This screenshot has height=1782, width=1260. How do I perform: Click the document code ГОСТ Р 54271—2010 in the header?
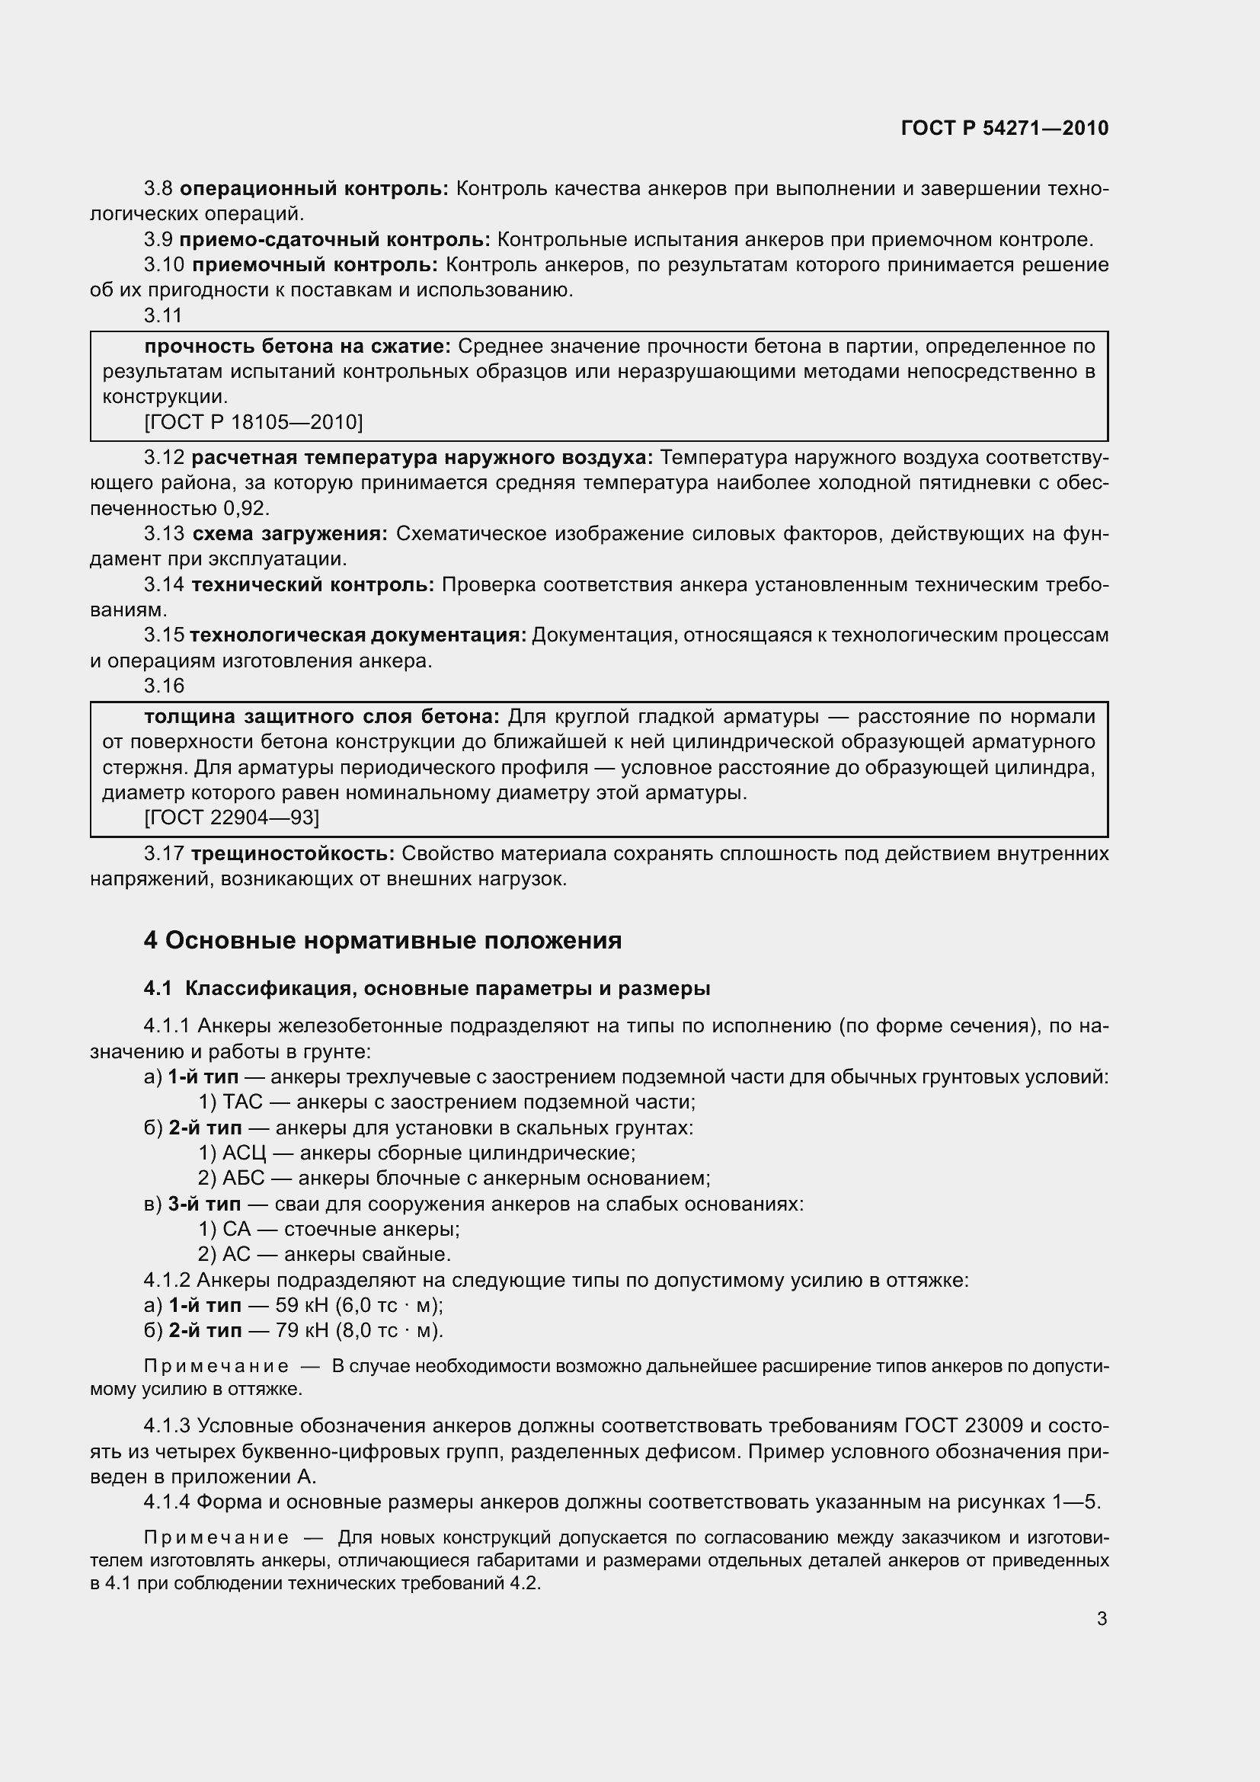1005,128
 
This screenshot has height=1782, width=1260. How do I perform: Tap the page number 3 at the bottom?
1102,1618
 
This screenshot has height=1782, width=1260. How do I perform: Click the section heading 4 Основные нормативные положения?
382,941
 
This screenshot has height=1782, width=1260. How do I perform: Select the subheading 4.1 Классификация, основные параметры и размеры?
427,989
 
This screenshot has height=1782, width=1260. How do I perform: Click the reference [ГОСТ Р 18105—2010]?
254,422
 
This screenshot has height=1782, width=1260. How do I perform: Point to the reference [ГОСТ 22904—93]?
232,818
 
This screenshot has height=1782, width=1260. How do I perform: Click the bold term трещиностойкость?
293,854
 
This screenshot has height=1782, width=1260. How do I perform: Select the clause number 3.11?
163,315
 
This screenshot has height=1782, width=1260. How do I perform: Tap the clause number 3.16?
164,686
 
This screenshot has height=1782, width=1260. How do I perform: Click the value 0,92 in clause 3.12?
245,508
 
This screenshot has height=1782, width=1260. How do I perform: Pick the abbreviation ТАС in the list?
243,1102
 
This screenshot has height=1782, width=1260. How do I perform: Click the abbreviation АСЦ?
245,1153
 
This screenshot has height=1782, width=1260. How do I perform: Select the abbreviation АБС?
244,1178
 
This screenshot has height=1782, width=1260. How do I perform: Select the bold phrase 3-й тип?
204,1204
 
